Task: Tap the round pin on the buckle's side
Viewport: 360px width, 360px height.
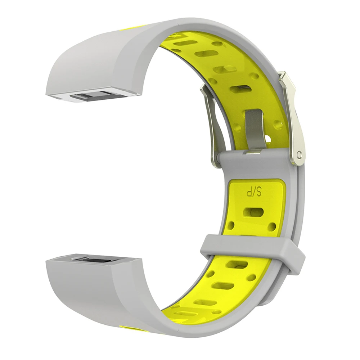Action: click(x=299, y=154)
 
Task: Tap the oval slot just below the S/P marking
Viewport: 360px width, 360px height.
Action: click(x=253, y=213)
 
